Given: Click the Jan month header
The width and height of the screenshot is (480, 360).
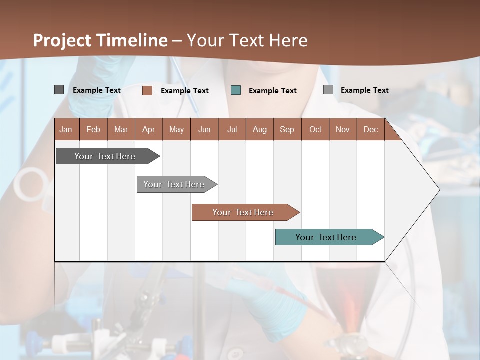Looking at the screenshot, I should click(x=66, y=129).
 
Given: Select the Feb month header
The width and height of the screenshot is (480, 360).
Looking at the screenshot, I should click(x=93, y=129).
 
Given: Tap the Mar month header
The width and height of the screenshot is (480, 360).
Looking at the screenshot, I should click(x=121, y=129).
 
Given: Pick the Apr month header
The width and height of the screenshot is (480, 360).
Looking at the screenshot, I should click(x=149, y=129).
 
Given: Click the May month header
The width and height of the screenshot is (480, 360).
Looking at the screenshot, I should click(x=176, y=129).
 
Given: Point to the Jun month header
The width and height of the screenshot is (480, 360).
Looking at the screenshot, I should click(x=204, y=129).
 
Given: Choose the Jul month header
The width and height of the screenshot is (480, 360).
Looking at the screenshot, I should click(x=232, y=129).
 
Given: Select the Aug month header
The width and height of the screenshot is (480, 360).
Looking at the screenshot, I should click(x=260, y=129).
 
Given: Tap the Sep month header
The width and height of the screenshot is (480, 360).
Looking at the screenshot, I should click(x=287, y=129).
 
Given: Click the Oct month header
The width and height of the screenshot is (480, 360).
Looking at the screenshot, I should click(x=315, y=129).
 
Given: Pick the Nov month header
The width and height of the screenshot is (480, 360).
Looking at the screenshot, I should click(x=343, y=129).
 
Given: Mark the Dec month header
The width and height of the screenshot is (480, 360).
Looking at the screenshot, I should click(x=371, y=129).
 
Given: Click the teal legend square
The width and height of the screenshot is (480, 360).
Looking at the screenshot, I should click(x=236, y=90).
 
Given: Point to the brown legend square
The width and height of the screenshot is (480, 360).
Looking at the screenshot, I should click(x=147, y=90).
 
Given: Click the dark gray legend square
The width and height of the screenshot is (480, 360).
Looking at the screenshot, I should click(x=59, y=90).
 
